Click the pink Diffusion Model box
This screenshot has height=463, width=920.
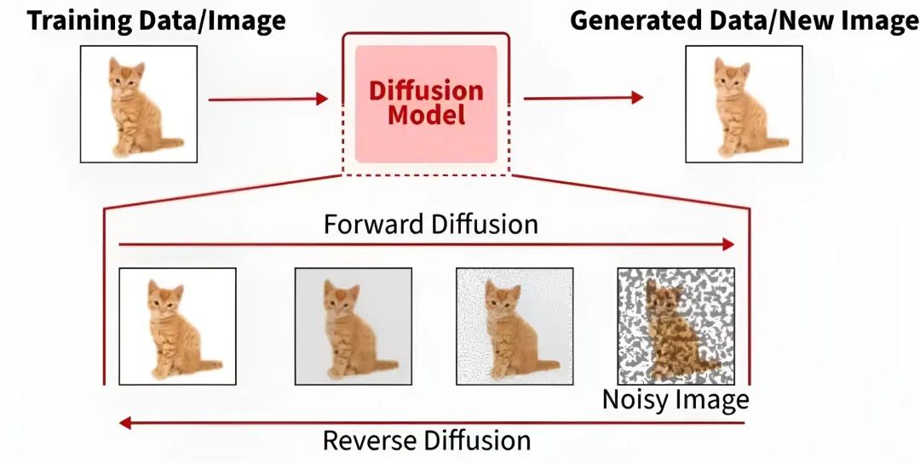pos(426,104)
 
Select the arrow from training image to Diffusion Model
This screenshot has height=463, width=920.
pos(268,99)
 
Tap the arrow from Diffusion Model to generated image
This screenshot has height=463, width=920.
pos(584,98)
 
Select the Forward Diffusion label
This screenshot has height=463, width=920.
pos(431,224)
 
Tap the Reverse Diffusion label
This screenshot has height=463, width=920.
pos(427,440)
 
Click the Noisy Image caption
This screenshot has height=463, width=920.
pos(676,400)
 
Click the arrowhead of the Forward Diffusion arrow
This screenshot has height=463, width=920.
pos(728,244)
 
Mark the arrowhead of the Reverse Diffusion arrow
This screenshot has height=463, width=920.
pos(125,422)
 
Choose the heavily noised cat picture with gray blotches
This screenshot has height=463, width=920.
pos(676,327)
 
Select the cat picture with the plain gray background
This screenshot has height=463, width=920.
pos(354,327)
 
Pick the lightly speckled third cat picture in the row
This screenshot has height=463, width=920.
pos(515,327)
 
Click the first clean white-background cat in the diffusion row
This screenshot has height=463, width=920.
pos(177,327)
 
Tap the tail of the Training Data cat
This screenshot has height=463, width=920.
pos(170,142)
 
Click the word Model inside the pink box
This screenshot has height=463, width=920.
pos(427,114)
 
